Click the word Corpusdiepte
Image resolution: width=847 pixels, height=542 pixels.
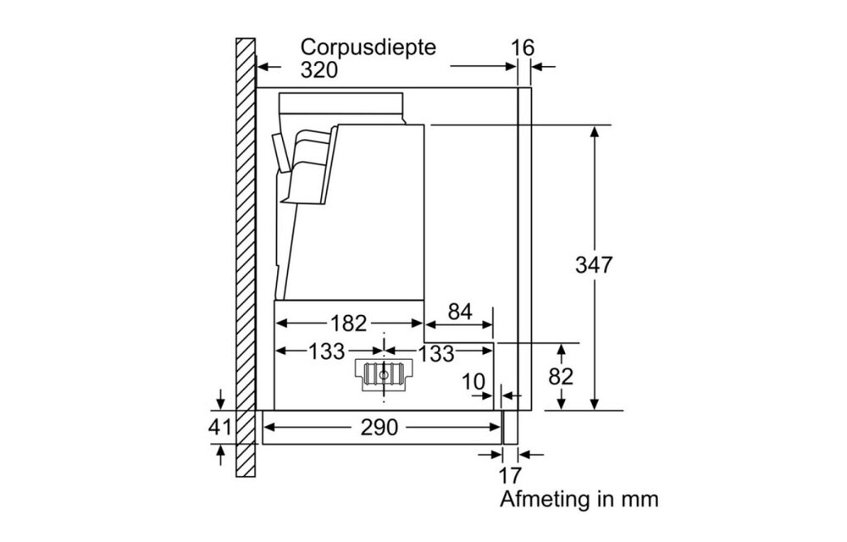click(368, 47)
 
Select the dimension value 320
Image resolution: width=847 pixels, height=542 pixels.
click(319, 70)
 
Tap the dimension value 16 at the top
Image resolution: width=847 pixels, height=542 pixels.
click(524, 47)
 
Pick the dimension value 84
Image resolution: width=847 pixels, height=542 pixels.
click(459, 312)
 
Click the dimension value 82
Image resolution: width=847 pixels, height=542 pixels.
click(561, 376)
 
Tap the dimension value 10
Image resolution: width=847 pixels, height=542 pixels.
click(474, 382)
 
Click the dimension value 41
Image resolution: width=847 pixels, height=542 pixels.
click(219, 428)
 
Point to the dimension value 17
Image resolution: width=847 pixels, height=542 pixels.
click(511, 475)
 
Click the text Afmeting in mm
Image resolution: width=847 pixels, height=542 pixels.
click(579, 499)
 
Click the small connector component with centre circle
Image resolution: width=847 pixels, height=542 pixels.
click(385, 373)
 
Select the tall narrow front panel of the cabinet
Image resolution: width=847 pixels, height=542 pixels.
click(524, 246)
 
